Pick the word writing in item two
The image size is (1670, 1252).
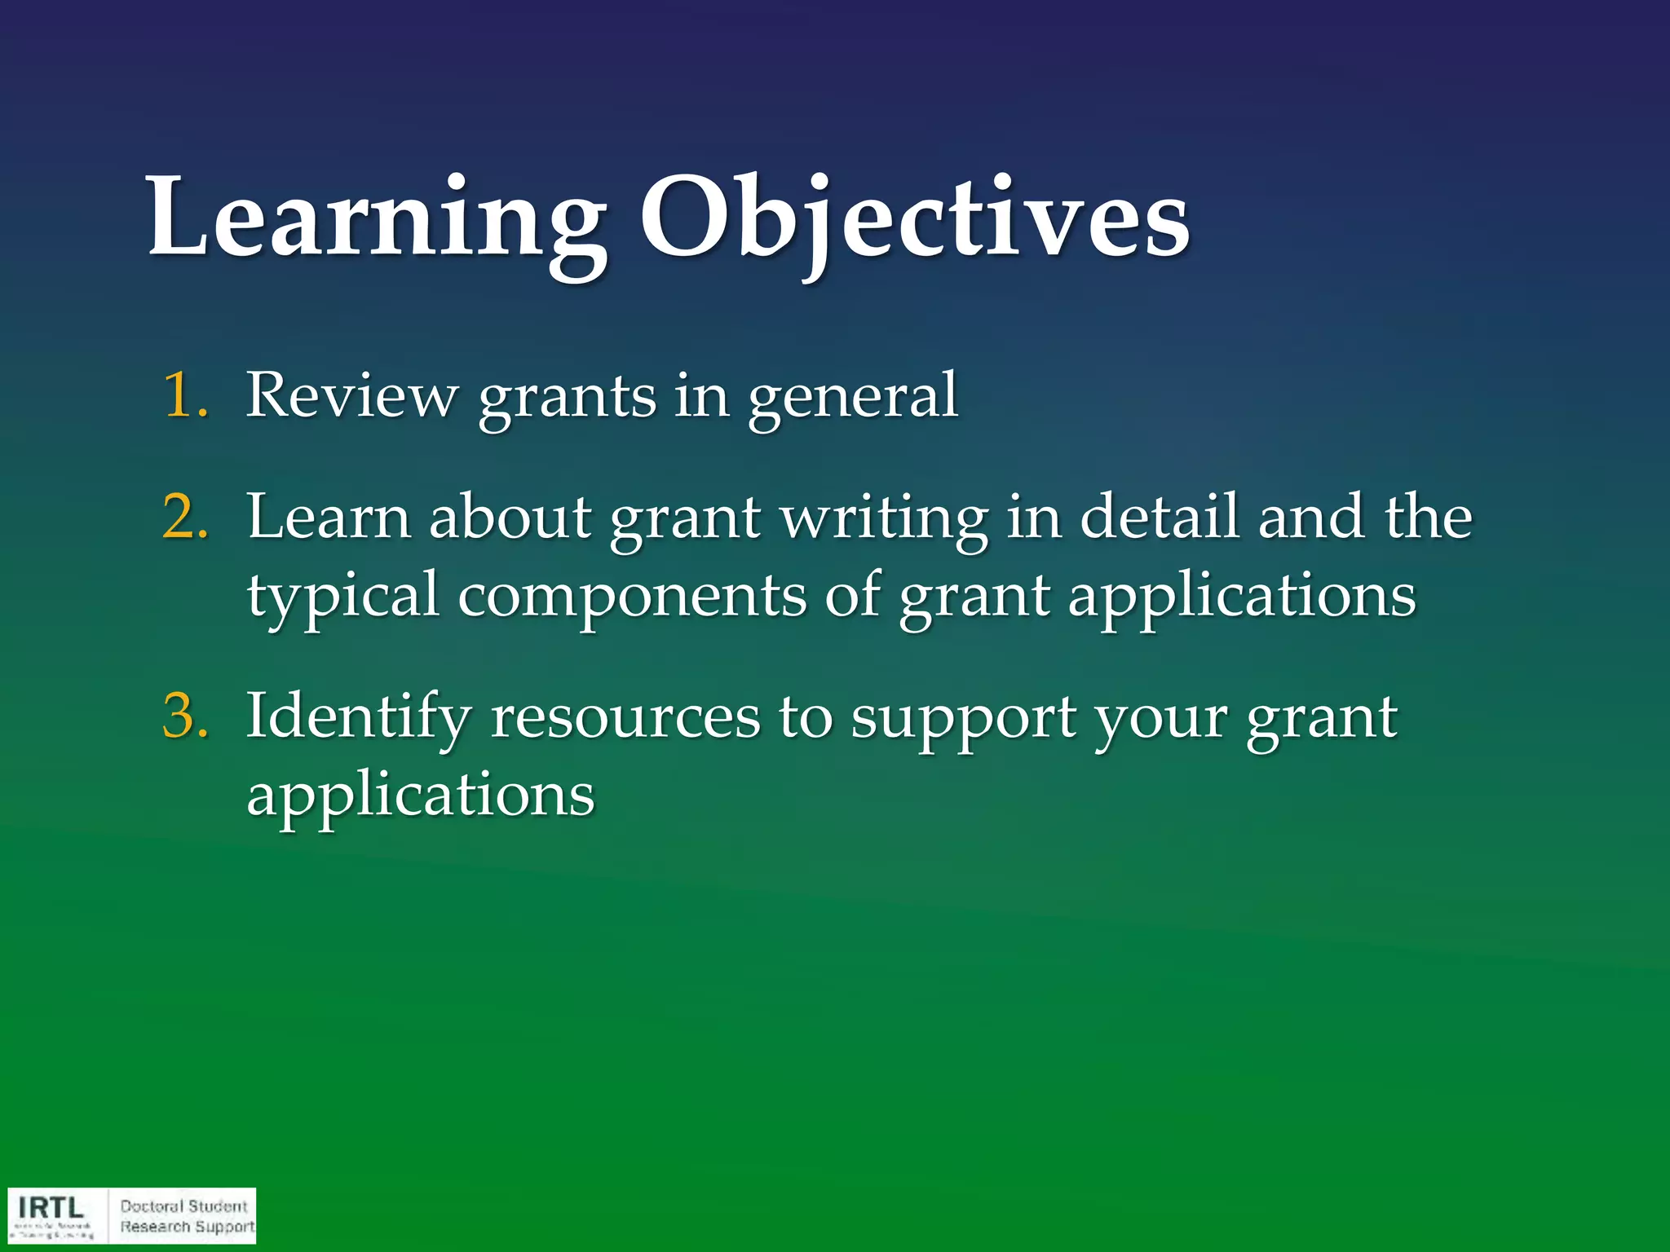point(884,518)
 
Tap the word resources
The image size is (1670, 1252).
point(625,717)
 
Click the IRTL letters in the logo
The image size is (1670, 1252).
point(51,1207)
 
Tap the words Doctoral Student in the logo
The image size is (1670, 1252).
point(183,1206)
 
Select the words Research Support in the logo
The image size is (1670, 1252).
point(188,1227)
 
